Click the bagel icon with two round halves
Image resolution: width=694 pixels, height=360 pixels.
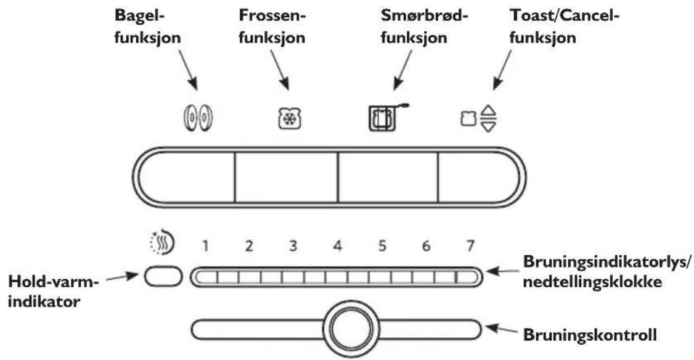point(198,119)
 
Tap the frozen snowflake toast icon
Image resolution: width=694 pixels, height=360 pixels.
point(290,119)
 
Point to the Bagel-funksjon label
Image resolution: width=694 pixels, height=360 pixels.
point(147,27)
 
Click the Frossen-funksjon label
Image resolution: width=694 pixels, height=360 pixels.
point(272,27)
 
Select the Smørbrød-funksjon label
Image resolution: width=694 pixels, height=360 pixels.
point(425,27)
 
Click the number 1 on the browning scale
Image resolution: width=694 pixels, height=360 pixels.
point(205,245)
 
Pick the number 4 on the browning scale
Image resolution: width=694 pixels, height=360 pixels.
point(338,245)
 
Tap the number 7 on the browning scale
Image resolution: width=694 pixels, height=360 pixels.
point(470,245)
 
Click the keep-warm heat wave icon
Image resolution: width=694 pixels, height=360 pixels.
point(162,242)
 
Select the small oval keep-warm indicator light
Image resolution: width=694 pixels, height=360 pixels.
point(163,277)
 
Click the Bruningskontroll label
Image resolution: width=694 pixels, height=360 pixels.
point(590,335)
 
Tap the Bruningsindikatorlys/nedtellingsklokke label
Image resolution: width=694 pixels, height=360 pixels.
point(607,271)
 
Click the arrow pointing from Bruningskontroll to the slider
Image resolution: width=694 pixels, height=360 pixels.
point(502,330)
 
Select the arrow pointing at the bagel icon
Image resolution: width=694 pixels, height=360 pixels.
point(188,70)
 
